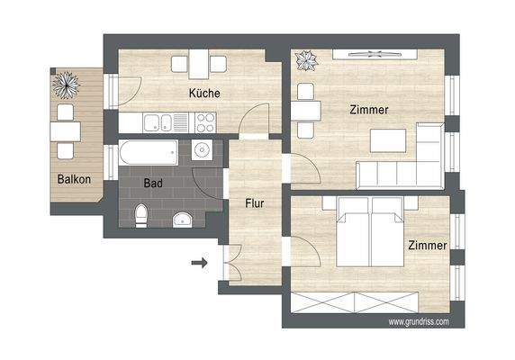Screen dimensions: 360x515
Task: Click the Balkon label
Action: pos(74,179)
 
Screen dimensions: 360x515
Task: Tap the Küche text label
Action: pos(204,93)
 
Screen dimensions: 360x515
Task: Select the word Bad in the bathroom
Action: pos(154,183)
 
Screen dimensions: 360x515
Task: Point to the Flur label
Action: pos(255,203)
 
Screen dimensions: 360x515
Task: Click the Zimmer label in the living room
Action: pos(369,110)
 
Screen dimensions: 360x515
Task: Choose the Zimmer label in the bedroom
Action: pos(427,245)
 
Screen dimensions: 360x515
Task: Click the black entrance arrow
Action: pos(200,264)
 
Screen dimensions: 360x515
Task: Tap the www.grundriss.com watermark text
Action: pos(419,321)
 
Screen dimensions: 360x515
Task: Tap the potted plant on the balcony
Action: pos(68,85)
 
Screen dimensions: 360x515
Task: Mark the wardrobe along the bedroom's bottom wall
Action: pos(369,301)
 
